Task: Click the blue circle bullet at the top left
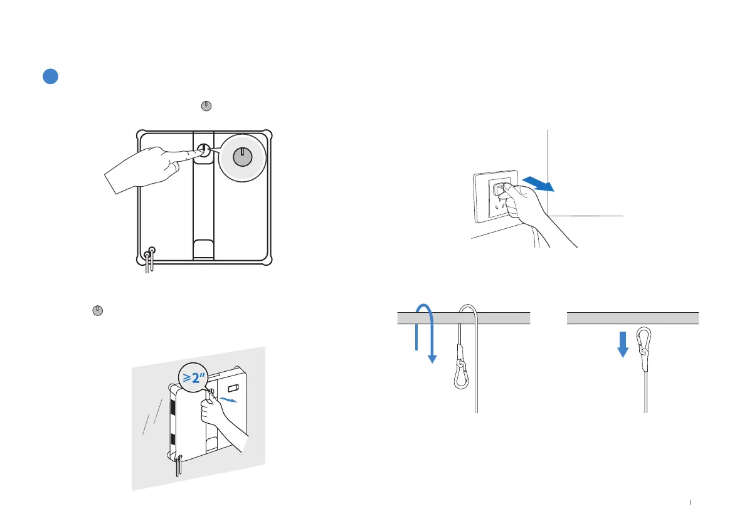click(x=51, y=76)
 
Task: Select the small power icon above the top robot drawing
click(x=205, y=107)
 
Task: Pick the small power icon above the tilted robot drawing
click(x=97, y=310)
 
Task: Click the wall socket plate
click(x=495, y=196)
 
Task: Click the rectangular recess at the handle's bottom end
click(x=203, y=248)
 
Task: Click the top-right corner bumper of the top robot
click(x=268, y=134)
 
